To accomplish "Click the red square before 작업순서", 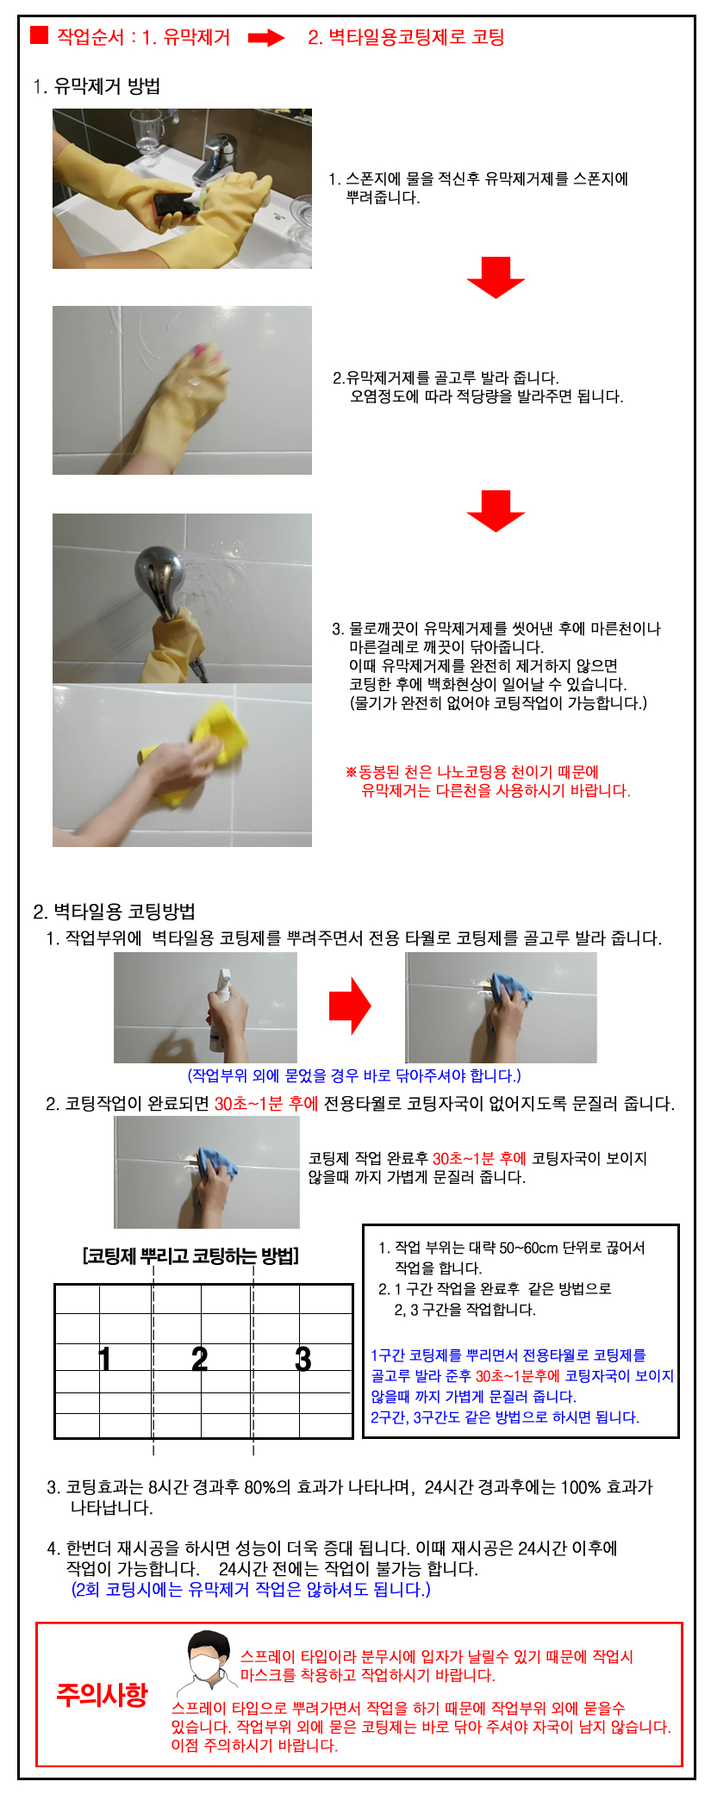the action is (x=39, y=35).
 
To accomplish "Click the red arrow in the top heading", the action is (x=266, y=38).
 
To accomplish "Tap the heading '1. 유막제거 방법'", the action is (x=97, y=86).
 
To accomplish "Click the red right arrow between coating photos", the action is (x=350, y=1006).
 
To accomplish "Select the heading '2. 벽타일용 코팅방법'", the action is (x=115, y=912).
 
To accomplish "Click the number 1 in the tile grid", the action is (x=104, y=1359).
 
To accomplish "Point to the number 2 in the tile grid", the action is (x=199, y=1359).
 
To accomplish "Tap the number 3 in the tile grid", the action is (x=302, y=1359).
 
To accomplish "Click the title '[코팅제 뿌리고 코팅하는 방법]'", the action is (x=190, y=1255).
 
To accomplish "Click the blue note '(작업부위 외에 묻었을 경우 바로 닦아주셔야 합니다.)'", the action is (x=354, y=1075).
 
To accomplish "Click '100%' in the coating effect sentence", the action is (x=581, y=1487).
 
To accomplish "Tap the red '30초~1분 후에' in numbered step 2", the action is (x=266, y=1104).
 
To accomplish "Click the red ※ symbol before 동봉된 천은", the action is (x=351, y=772).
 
